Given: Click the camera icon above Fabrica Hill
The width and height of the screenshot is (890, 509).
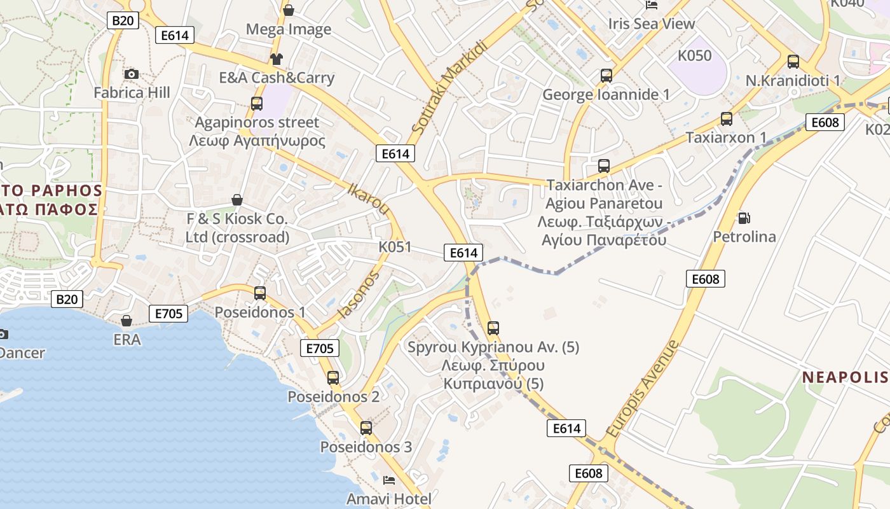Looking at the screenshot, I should [132, 74].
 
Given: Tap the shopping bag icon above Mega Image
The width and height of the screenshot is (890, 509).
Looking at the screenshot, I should [289, 10].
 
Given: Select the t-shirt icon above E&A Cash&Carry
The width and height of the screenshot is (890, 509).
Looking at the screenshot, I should [276, 60].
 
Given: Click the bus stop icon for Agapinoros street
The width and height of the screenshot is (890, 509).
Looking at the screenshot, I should [257, 103].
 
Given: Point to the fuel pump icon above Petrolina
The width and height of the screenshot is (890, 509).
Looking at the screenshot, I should [743, 218].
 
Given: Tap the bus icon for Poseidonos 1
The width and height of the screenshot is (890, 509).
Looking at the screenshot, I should [260, 293].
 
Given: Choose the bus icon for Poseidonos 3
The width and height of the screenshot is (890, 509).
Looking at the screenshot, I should [366, 428].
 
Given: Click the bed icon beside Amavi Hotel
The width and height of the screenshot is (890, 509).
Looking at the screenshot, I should [389, 480].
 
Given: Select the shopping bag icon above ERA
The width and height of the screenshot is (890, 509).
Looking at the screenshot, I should [127, 321].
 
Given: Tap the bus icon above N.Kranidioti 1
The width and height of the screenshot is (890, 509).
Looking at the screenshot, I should [793, 62].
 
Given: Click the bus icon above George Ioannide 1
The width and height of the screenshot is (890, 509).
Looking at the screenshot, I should [606, 76].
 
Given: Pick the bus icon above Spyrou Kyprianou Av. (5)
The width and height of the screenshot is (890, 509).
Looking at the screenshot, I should [493, 329].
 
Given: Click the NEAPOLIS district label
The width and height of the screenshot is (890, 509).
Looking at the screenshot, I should [845, 377].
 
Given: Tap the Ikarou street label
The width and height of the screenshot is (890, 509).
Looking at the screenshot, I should [369, 198].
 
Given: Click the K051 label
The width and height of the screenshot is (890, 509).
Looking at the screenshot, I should [395, 247].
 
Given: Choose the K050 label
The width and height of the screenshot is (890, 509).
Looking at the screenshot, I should [694, 55].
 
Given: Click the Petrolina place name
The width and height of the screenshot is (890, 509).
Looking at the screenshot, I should [744, 237].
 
